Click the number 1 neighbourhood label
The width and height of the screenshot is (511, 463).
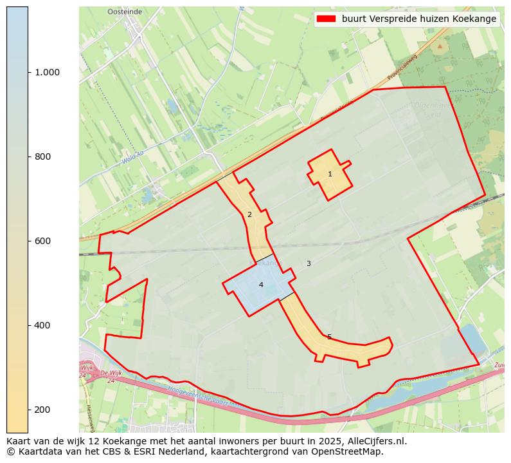330,175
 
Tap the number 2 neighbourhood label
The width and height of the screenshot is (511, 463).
249,215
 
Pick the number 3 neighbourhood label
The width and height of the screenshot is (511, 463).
309,263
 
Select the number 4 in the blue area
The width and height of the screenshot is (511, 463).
261,285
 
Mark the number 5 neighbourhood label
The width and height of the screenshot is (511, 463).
329,337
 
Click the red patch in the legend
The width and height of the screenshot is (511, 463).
327,19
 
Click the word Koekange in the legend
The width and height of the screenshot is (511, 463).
474,19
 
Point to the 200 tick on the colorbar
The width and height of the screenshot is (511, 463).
47,410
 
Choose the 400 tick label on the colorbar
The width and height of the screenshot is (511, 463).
47,325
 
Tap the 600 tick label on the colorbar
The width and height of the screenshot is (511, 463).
47,241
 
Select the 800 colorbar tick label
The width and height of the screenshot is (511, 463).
47,156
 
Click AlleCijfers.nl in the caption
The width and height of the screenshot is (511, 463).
377,441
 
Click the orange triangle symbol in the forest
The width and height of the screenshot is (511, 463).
440,46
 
